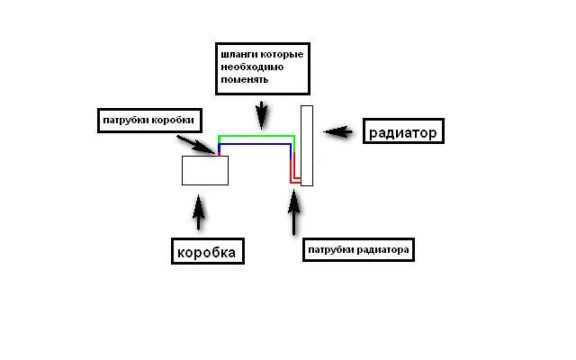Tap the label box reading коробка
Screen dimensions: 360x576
(x=208, y=252)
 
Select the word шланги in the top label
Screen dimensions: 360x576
(x=237, y=54)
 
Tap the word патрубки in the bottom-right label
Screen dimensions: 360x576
(x=329, y=248)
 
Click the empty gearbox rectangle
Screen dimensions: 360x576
(x=205, y=170)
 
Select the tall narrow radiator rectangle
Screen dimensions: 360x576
(x=307, y=145)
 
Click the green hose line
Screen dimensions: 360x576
(x=256, y=137)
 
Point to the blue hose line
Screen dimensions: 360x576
(x=256, y=144)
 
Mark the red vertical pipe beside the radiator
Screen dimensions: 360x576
(x=291, y=166)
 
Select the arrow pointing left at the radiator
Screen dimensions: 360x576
(x=337, y=131)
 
